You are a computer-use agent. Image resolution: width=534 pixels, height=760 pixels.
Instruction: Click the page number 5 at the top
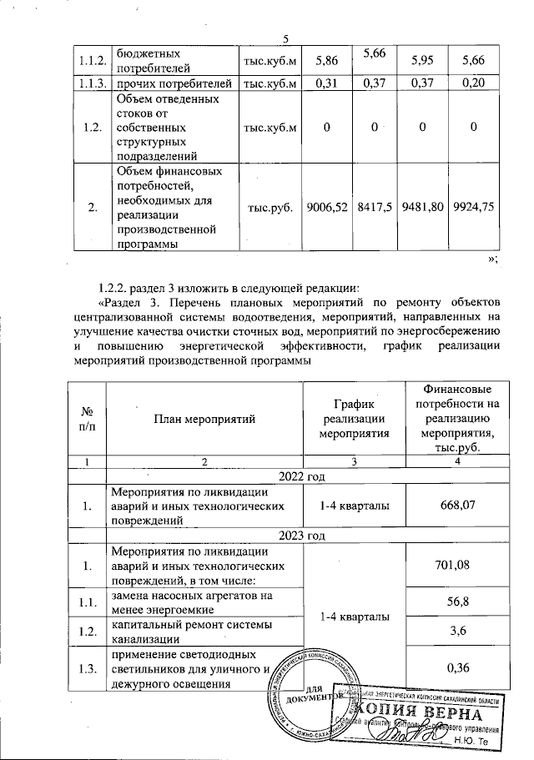point(285,39)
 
